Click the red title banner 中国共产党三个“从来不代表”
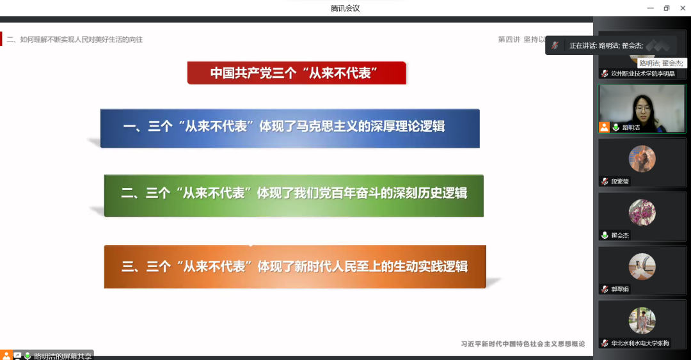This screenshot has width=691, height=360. click(x=297, y=73)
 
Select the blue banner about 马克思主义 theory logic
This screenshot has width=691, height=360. click(x=290, y=127)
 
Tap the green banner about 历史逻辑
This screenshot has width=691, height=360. click(x=294, y=193)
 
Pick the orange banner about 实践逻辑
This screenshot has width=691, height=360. click(x=294, y=266)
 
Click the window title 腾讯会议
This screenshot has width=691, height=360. click(x=345, y=8)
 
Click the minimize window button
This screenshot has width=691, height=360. click(x=649, y=8)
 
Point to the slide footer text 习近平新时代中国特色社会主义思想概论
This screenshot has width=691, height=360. click(x=523, y=344)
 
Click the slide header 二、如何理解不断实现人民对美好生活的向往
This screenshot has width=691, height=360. click(x=75, y=40)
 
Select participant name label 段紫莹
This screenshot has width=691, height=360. click(x=620, y=182)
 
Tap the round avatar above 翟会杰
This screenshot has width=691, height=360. click(x=642, y=212)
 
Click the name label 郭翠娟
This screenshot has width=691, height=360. click(x=620, y=289)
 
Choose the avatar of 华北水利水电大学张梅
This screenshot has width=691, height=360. click(x=642, y=320)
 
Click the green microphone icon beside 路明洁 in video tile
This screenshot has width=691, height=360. click(x=616, y=127)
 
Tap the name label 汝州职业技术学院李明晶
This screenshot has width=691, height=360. click(x=642, y=74)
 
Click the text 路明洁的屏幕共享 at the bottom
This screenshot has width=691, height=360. click(x=63, y=356)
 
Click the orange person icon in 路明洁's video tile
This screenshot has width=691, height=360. click(x=604, y=127)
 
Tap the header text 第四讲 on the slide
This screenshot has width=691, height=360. click(x=509, y=40)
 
